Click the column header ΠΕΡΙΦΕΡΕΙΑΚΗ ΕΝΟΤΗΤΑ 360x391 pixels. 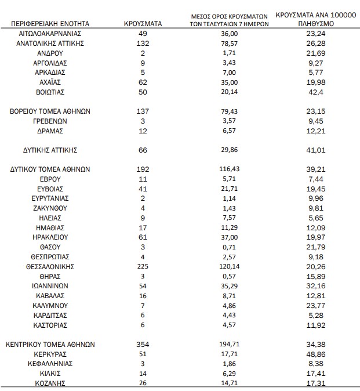coord(50,24)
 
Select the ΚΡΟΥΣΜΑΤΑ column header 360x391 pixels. coord(143,24)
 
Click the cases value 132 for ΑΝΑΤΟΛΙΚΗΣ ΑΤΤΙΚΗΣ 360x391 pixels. coord(143,44)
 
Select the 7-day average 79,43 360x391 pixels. coord(230,111)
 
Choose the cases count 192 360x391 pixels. coord(143,169)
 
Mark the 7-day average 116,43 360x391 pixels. coord(230,169)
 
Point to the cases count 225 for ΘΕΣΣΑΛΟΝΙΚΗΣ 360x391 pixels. coord(143,267)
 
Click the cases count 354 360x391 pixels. coord(143,344)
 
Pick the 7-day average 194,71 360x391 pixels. coord(230,344)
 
